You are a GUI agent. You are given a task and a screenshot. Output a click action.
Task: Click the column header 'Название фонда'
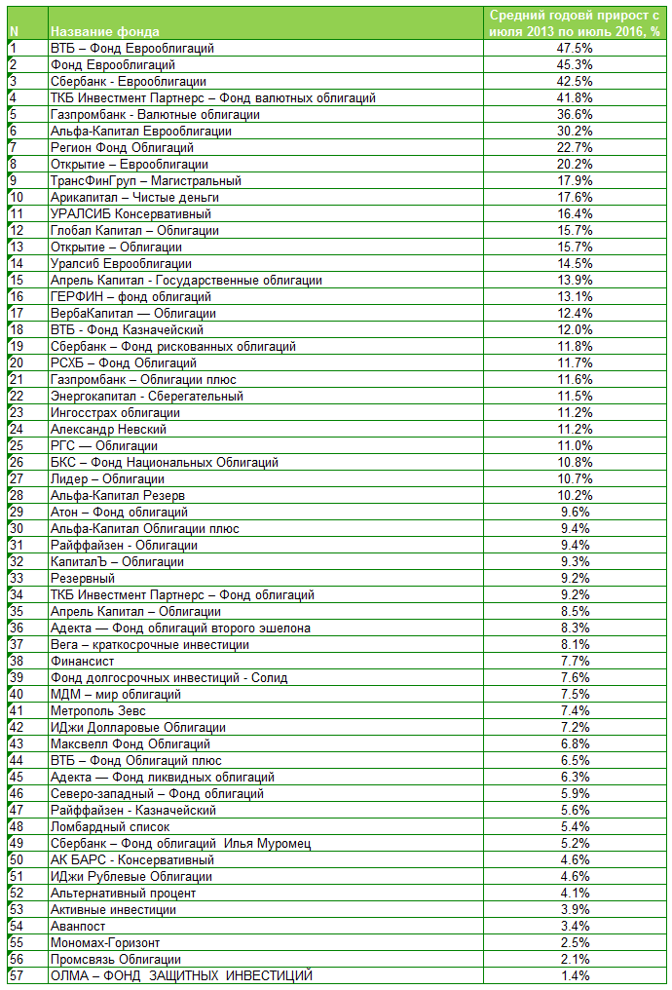(x=105, y=31)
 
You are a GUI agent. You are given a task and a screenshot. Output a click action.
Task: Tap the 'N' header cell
(x=14, y=31)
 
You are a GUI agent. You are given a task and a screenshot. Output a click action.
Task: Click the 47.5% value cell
(x=575, y=48)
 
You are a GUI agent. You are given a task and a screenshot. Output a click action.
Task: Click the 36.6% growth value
(x=575, y=114)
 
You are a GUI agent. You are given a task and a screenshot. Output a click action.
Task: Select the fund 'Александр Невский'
(x=108, y=429)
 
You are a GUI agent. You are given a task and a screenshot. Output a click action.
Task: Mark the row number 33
(x=16, y=578)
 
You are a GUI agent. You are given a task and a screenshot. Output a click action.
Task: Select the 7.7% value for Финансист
(x=575, y=661)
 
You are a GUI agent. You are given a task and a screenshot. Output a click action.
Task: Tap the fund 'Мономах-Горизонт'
(x=104, y=942)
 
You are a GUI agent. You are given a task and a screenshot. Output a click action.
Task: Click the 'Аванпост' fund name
(x=79, y=926)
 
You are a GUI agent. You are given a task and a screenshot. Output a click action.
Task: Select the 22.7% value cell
(x=575, y=147)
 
